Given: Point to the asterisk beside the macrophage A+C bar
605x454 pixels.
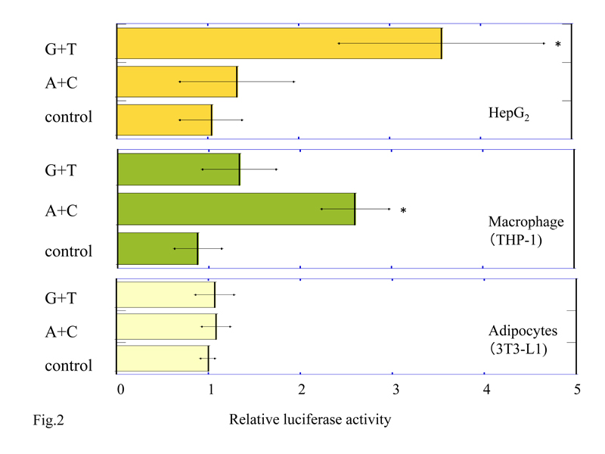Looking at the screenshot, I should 404,211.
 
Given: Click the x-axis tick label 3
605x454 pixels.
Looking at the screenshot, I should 393,390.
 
